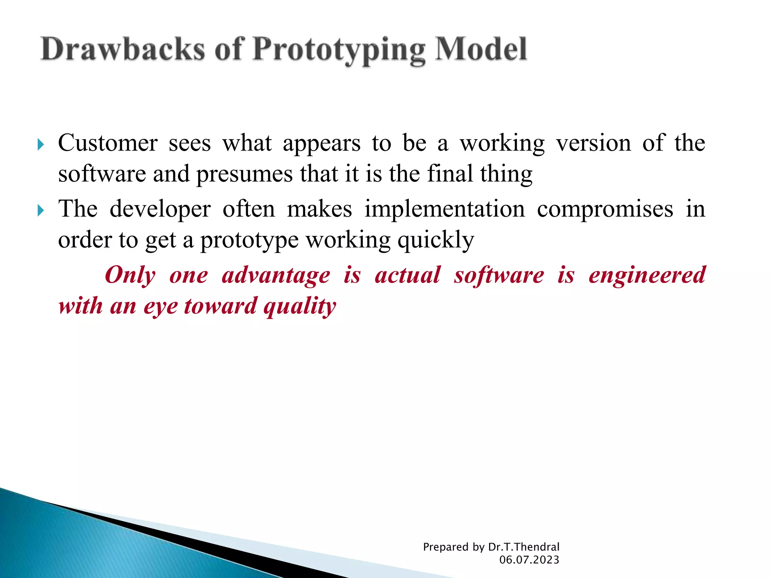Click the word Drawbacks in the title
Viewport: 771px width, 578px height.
[123, 50]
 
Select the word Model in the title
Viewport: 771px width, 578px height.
[481, 50]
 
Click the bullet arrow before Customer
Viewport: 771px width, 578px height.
[41, 144]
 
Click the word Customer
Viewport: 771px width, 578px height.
[108, 144]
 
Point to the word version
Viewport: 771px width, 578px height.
[593, 144]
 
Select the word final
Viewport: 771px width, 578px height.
[450, 174]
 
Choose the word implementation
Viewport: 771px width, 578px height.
[444, 210]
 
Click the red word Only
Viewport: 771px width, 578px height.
[130, 275]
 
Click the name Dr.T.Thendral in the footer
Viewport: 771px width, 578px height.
[524, 547]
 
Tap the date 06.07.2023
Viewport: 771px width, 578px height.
[529, 560]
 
